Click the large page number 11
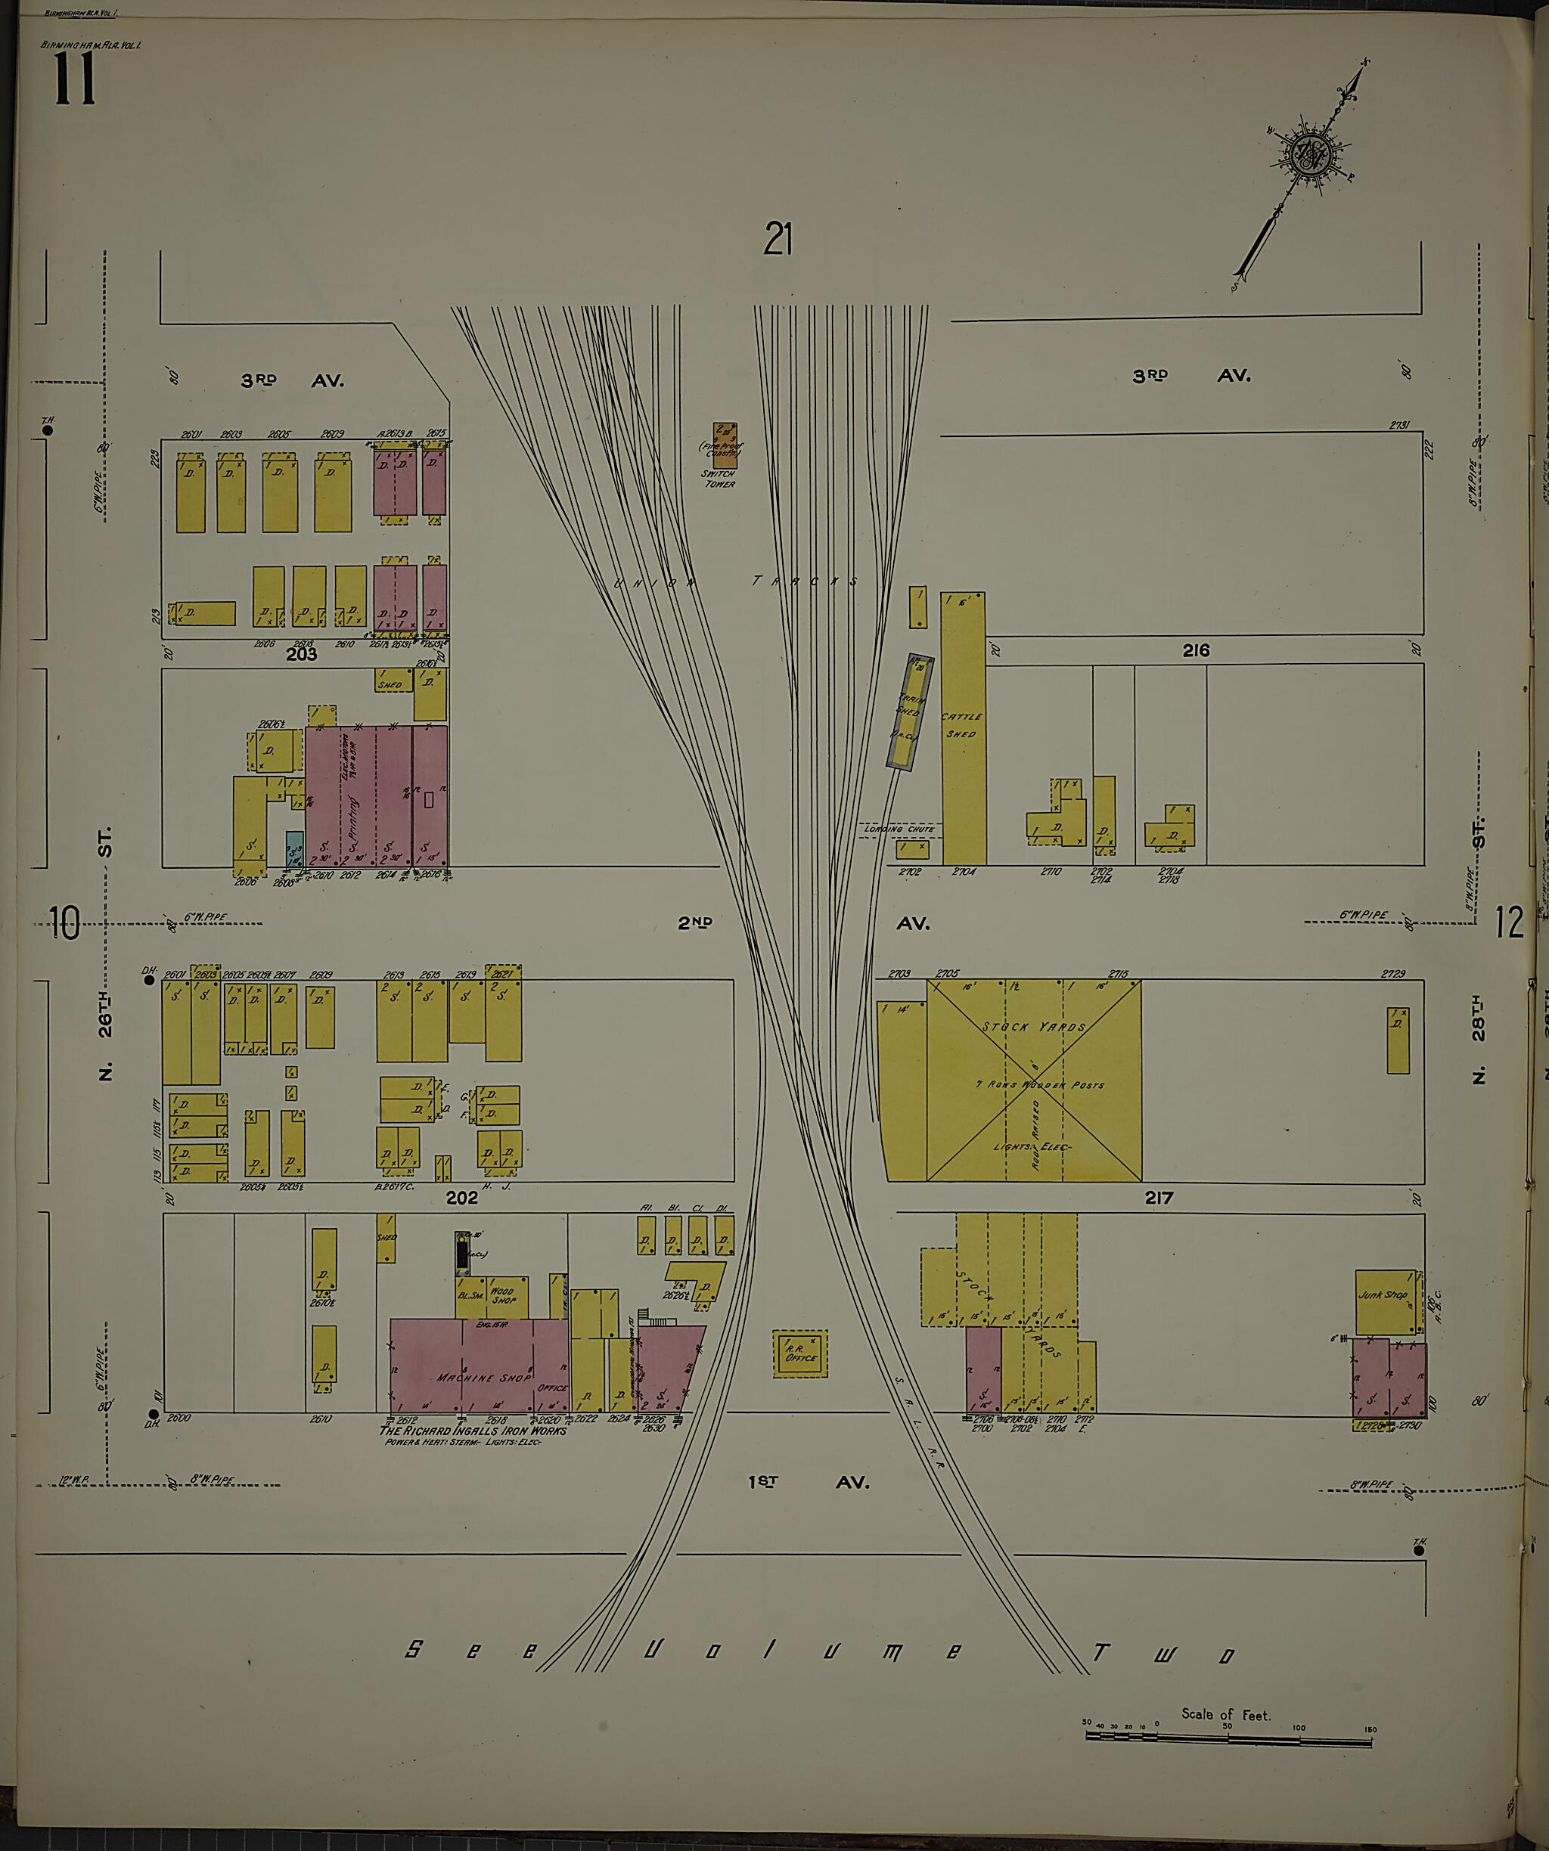[74, 79]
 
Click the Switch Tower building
[725, 445]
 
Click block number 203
[300, 655]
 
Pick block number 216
[1196, 650]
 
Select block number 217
[1159, 1198]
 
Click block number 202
[461, 1197]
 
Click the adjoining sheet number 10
[64, 923]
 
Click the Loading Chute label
[899, 829]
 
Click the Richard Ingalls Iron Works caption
[473, 1431]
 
